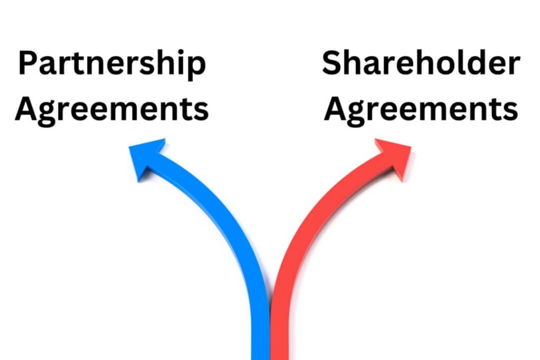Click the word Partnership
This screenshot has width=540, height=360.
pos(112,64)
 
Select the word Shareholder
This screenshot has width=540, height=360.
pos(421,62)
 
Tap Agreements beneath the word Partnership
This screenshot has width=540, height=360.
pos(112,110)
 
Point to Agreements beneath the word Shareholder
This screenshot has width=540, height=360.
pos(421,110)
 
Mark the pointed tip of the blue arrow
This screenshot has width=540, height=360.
pos(129,147)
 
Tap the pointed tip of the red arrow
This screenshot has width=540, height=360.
pos(410,147)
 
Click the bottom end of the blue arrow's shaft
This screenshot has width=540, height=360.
pos(261,359)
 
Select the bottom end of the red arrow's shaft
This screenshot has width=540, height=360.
pos(279,359)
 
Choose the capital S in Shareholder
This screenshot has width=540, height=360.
pos(332,62)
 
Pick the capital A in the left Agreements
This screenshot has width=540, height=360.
pos(26,109)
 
